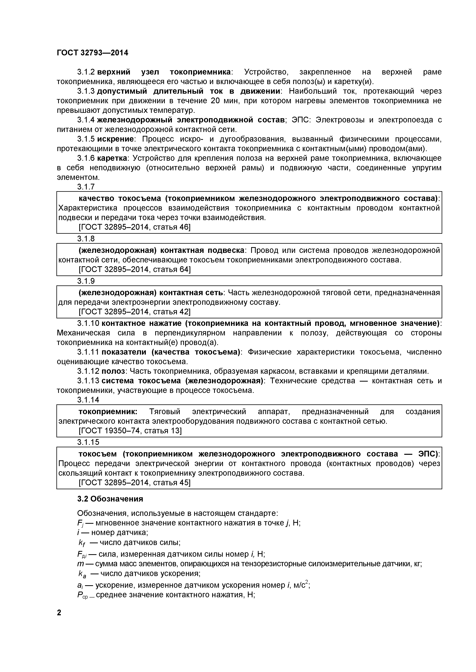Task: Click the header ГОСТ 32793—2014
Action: pyautogui.click(x=92, y=53)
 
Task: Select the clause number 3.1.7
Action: pyautogui.click(x=86, y=187)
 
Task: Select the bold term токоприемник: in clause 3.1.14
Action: pyautogui.click(x=108, y=411)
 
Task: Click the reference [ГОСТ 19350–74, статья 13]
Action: pyautogui.click(x=130, y=431)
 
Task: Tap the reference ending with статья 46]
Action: pyautogui.click(x=134, y=227)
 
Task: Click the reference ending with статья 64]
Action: pyautogui.click(x=134, y=269)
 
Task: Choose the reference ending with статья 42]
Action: pyautogui.click(x=134, y=312)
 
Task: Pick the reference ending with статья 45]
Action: pyautogui.click(x=134, y=483)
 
